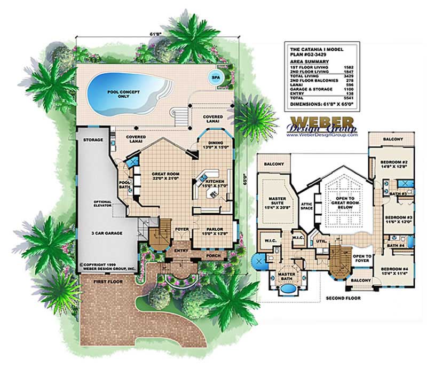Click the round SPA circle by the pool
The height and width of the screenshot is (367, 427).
[215, 76]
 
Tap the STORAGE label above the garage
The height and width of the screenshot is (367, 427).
[93, 140]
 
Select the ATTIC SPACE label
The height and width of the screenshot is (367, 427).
[307, 206]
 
